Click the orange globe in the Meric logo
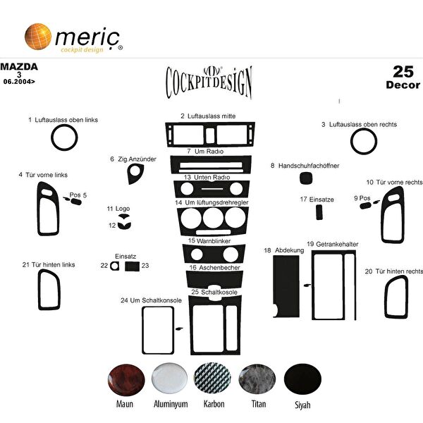coord(38,37)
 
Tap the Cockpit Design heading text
coord(208,82)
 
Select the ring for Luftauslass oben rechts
coord(364,142)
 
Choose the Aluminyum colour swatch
coord(169,381)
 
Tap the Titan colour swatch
coord(255,381)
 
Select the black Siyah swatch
coord(301,381)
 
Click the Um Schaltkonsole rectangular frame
coord(157,329)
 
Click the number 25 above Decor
coord(403,71)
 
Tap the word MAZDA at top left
coord(20,67)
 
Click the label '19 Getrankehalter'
coord(332,244)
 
